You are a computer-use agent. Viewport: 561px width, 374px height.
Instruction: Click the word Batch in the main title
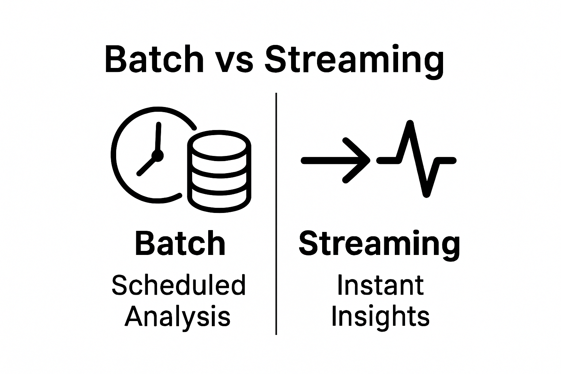point(154,59)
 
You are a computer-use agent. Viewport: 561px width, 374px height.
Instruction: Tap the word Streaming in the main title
point(354,60)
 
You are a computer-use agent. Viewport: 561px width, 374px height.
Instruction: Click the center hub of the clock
point(157,156)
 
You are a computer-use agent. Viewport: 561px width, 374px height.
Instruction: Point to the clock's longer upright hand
point(158,137)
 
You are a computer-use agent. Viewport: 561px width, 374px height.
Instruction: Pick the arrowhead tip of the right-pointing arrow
point(367,160)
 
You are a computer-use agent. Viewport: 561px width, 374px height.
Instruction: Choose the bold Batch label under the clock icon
point(180,244)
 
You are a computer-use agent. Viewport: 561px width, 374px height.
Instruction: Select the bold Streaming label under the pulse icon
point(379,244)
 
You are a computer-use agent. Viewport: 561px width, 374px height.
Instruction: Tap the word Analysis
point(178,316)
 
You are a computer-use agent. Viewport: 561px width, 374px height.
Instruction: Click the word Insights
point(380,316)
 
